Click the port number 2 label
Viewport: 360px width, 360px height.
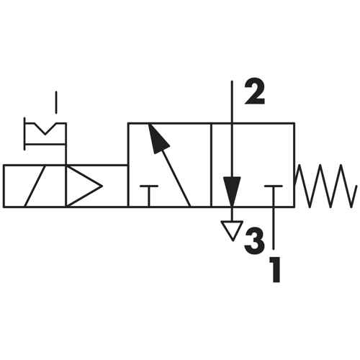click(x=255, y=92)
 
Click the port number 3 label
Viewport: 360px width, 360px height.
click(x=254, y=239)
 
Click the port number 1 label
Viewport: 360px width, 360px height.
click(x=275, y=269)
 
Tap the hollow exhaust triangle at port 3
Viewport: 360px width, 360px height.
click(x=232, y=228)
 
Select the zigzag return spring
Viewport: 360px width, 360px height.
click(x=326, y=186)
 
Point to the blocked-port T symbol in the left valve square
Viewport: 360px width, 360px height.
click(x=149, y=195)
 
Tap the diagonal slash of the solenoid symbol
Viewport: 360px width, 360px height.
click(x=35, y=186)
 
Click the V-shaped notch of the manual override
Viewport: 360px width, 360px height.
click(x=45, y=130)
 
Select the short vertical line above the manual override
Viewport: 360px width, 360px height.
click(x=56, y=102)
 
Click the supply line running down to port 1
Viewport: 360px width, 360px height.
click(x=274, y=228)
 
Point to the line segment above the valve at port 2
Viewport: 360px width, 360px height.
click(x=232, y=102)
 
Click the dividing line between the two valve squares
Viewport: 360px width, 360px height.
click(x=211, y=165)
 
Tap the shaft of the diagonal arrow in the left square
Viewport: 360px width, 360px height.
click(x=175, y=178)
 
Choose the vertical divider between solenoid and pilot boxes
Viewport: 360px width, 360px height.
click(x=66, y=186)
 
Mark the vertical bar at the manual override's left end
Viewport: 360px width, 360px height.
click(x=24, y=134)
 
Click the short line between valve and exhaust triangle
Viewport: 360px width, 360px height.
click(x=232, y=214)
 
